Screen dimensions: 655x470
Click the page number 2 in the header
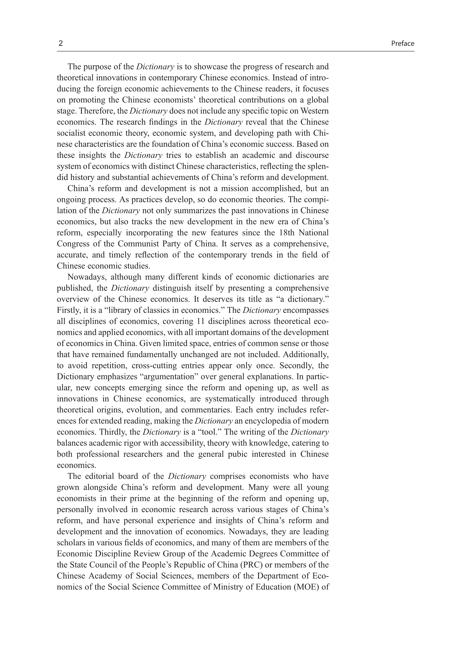[61, 43]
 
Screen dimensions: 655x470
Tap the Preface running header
[402, 44]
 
